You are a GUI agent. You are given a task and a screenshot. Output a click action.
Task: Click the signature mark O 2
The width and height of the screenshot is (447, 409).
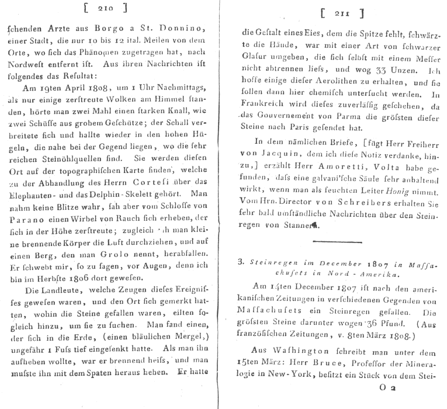pyautogui.click(x=388, y=401)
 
